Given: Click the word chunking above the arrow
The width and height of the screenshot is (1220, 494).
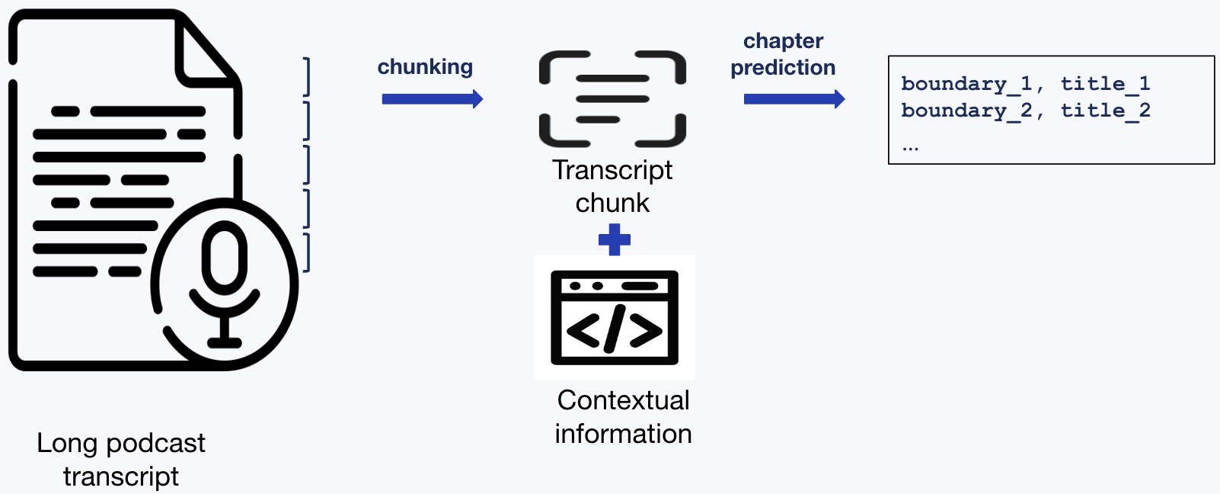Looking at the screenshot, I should pyautogui.click(x=425, y=67).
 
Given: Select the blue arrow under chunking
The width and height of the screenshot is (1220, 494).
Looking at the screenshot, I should pyautogui.click(x=432, y=99).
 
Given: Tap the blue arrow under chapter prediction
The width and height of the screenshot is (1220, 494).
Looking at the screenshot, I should pyautogui.click(x=794, y=99).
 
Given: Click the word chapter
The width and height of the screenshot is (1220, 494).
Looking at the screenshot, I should pyautogui.click(x=783, y=41).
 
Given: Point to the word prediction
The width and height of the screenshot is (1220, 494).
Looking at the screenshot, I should pyautogui.click(x=783, y=68).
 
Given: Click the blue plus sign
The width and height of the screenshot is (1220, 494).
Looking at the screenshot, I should pyautogui.click(x=615, y=239).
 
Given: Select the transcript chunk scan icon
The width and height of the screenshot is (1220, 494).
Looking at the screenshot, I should pyautogui.click(x=612, y=98).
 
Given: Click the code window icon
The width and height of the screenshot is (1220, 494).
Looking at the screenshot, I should pyautogui.click(x=615, y=317).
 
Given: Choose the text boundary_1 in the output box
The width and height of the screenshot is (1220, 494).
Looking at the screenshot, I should pyautogui.click(x=966, y=84).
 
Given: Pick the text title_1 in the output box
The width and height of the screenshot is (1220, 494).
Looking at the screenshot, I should pyautogui.click(x=1105, y=84).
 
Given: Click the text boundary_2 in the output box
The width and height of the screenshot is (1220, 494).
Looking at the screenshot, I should pyautogui.click(x=966, y=111).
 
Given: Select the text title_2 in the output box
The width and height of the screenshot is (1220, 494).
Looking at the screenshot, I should pyautogui.click(x=1105, y=111).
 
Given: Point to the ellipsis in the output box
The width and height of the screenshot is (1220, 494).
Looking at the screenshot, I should pyautogui.click(x=910, y=147).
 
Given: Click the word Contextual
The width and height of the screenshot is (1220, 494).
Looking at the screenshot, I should pyautogui.click(x=623, y=400).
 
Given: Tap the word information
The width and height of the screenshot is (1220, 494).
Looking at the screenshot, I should pyautogui.click(x=623, y=434).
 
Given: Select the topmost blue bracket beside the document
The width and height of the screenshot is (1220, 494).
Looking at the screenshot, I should pyautogui.click(x=306, y=76).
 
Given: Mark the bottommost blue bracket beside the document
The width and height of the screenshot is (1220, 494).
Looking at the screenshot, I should pyautogui.click(x=306, y=252).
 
